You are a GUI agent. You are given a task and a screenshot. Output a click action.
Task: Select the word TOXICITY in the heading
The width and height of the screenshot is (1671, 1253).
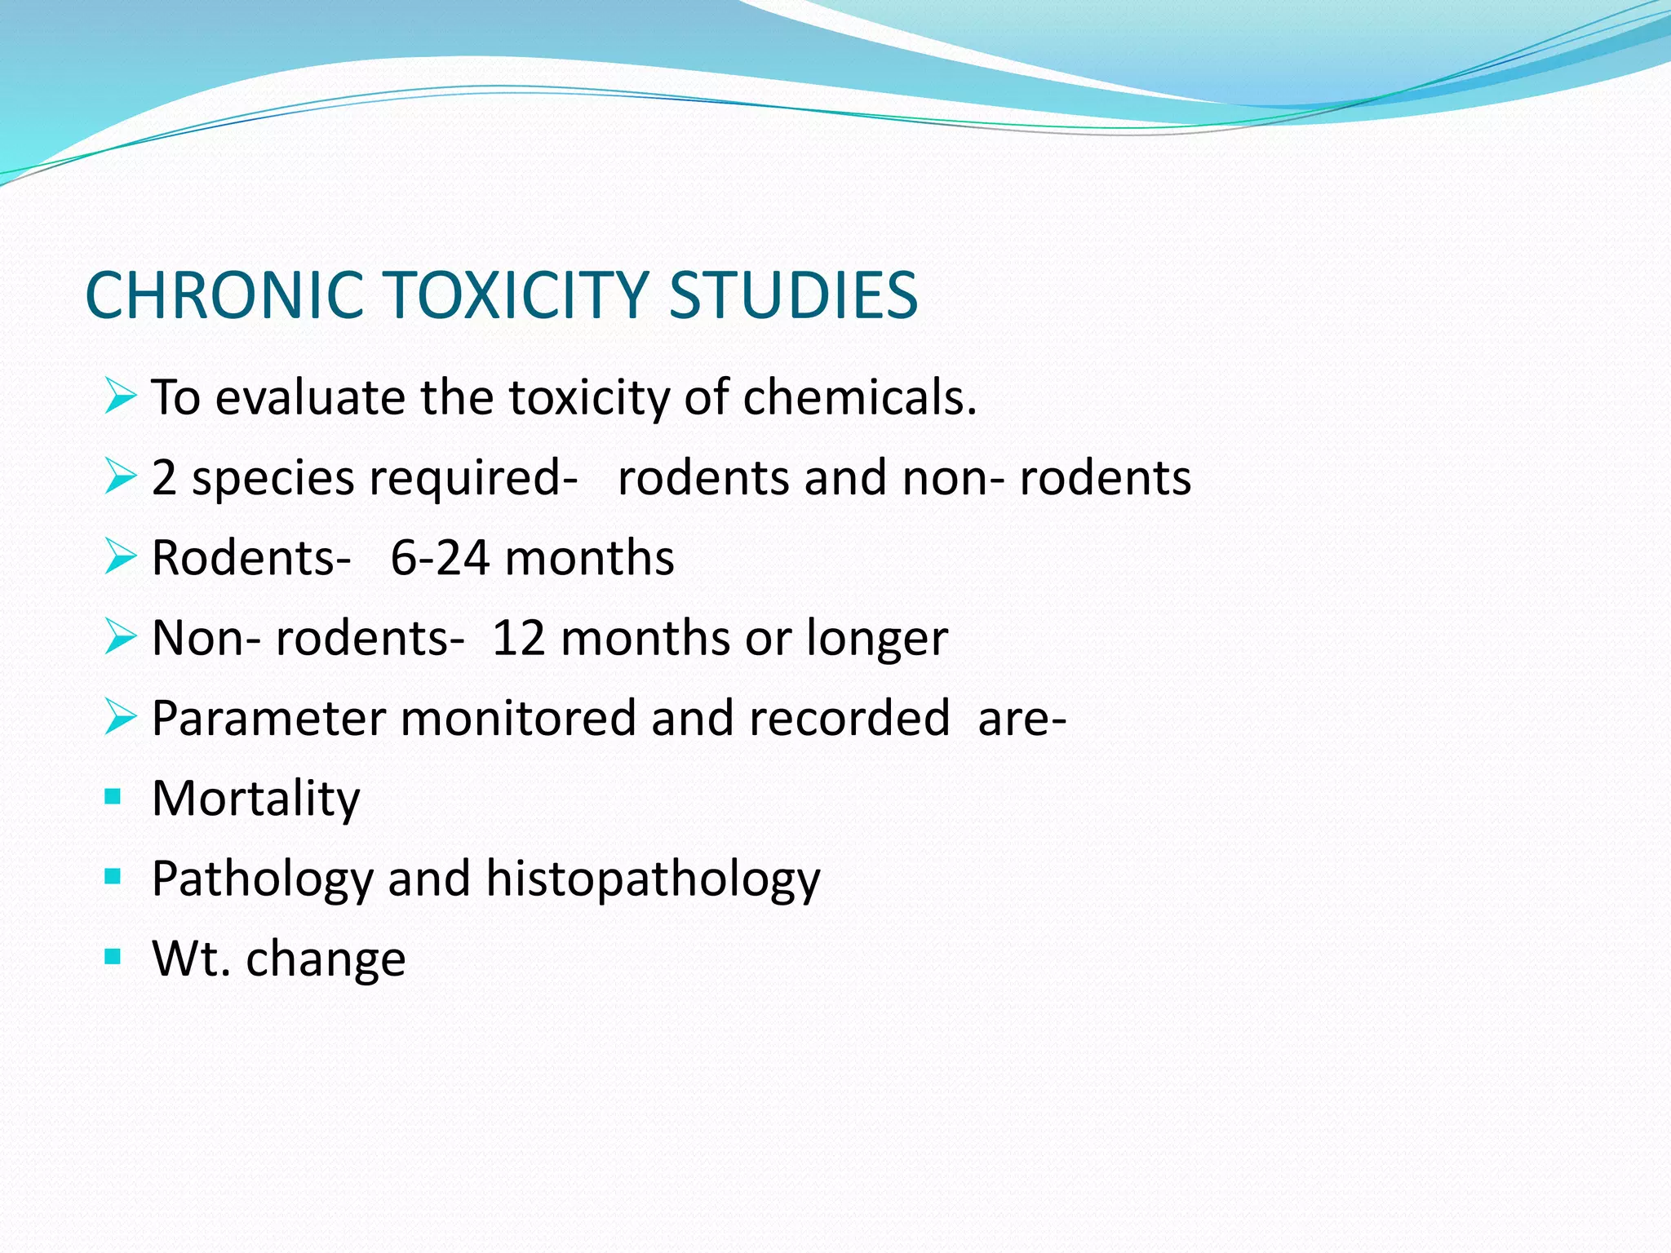[x=516, y=295]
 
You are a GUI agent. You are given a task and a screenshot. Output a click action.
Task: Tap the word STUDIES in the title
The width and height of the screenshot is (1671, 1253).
[x=793, y=295]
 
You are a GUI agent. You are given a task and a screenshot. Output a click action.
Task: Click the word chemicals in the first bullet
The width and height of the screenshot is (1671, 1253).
[x=859, y=398]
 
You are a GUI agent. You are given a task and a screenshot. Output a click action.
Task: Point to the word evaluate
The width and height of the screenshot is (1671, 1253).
[x=309, y=398]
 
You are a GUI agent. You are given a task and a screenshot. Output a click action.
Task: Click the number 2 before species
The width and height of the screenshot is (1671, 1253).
[x=164, y=478]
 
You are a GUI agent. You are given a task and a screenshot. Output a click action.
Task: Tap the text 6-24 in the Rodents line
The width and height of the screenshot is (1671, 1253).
[x=440, y=559]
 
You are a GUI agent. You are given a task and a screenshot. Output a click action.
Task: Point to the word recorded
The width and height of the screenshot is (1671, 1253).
[x=849, y=719]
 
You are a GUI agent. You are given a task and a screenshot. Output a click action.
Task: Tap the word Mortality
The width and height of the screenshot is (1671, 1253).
[x=255, y=799]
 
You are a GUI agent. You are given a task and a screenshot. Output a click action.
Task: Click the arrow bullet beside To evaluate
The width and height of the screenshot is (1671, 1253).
[x=120, y=397]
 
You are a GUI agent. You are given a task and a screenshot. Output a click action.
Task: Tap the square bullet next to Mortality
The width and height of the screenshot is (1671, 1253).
[x=113, y=795]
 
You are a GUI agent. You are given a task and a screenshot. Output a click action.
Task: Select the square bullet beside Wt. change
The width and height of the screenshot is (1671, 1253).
[x=113, y=956]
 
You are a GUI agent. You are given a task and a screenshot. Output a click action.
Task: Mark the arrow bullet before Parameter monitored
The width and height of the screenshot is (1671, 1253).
[x=120, y=718]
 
